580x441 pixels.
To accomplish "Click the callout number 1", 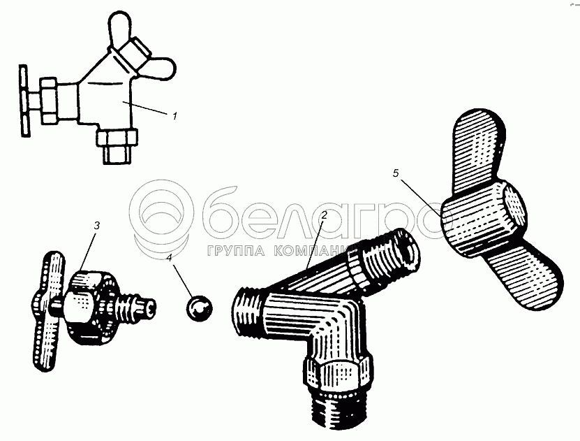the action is [174, 115].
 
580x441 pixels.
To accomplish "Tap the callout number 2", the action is [324, 215].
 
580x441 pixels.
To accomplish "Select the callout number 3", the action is [96, 226].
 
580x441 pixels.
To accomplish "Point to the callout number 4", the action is [170, 257].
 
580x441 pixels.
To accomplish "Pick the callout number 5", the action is [396, 173].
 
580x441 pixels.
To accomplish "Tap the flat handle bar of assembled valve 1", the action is [24, 101].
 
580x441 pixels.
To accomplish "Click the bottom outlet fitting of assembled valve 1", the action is [117, 145].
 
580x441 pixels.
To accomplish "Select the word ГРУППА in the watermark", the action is [236, 251].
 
